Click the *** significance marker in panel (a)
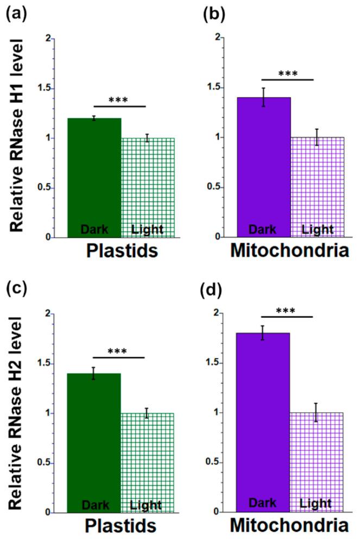pyautogui.click(x=121, y=100)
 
